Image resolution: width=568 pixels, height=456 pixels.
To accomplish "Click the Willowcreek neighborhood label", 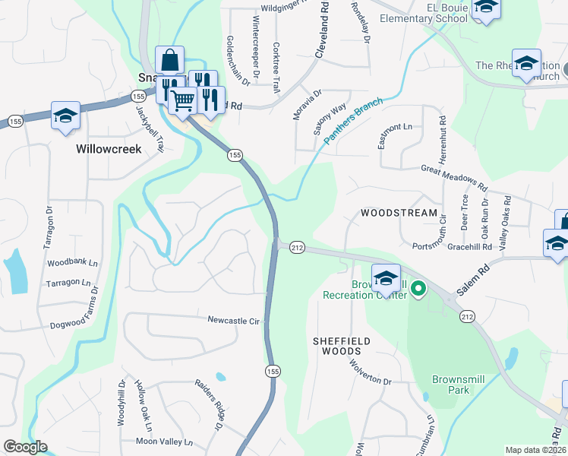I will coord(109,149).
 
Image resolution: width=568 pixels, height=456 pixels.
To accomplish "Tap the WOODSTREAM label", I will coord(399,213).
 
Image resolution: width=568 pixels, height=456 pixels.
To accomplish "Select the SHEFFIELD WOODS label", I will coord(342,347).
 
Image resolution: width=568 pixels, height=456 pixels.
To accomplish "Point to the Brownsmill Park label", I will coord(461,384).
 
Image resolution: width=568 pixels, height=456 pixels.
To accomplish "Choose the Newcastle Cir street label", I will coord(234,321).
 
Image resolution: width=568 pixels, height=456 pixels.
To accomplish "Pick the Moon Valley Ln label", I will coord(164,442).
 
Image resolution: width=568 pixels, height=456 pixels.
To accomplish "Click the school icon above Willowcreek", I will coord(66,116).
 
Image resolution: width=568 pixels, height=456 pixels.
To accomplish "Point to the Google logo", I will coord(26,447).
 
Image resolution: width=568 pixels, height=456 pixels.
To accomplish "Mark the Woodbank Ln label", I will coord(73,263).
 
